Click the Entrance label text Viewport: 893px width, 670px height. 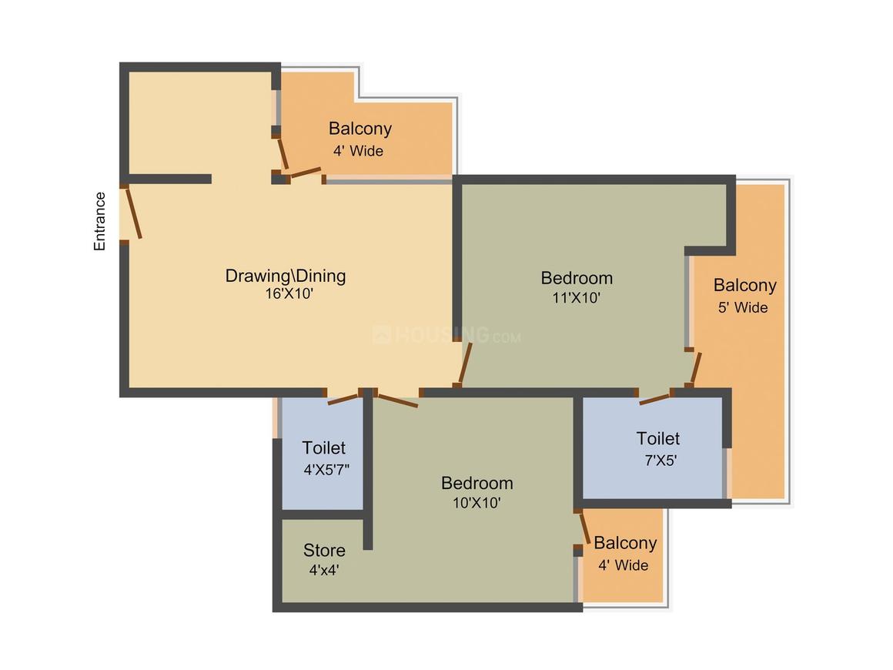click(x=100, y=221)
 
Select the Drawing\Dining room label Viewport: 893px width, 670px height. click(x=286, y=275)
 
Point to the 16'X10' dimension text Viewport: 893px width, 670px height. click(x=286, y=293)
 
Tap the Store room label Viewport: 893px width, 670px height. click(x=324, y=551)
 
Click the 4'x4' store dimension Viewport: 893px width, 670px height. click(x=324, y=571)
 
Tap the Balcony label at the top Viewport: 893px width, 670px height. click(x=360, y=129)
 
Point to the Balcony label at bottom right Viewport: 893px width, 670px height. click(x=625, y=543)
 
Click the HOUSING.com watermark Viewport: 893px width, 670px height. click(x=446, y=336)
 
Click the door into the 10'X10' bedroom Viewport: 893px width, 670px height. click(x=396, y=400)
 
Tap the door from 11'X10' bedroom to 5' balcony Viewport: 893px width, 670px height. click(x=695, y=367)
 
